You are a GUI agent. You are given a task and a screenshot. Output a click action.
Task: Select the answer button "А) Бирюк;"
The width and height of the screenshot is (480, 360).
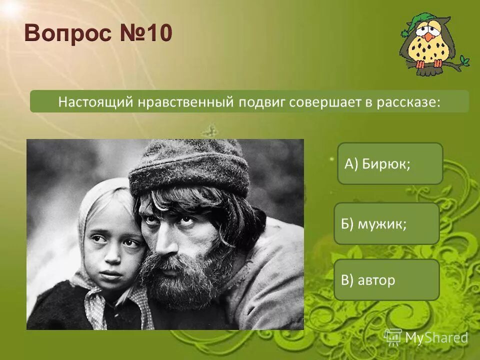390,163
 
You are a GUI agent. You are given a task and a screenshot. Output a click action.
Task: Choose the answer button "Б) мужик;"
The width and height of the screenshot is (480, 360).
386,223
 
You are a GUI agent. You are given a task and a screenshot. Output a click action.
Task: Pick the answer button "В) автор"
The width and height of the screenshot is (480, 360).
386,280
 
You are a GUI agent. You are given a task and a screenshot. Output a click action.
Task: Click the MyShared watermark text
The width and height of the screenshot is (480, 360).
436,338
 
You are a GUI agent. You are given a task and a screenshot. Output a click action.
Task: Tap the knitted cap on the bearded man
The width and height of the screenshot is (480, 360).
190,167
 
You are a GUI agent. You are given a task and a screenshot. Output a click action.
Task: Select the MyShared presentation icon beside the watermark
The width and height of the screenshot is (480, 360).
393,337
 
